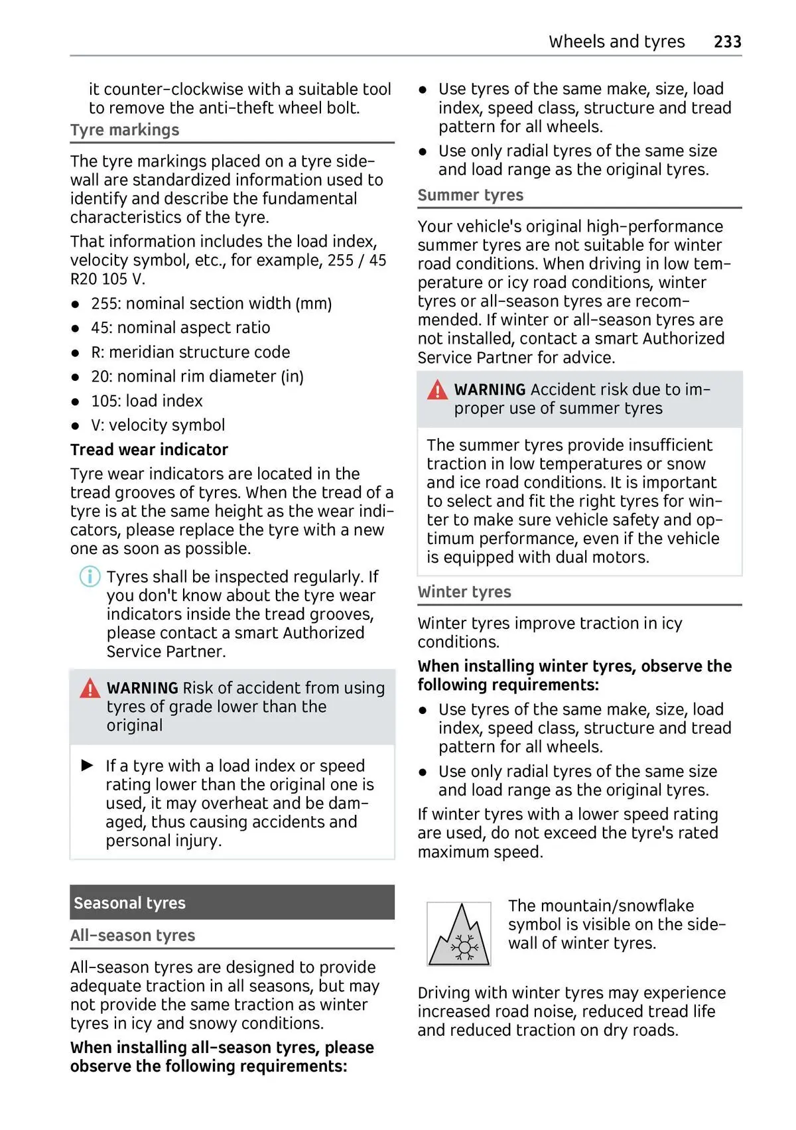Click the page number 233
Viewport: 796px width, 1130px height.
click(x=727, y=42)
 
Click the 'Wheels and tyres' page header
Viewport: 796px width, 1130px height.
click(x=616, y=42)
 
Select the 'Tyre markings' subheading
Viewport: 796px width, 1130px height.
click(x=125, y=130)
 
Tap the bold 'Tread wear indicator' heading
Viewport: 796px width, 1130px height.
click(x=149, y=450)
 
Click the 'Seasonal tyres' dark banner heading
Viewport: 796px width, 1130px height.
click(x=130, y=903)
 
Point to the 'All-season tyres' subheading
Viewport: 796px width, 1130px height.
click(x=133, y=936)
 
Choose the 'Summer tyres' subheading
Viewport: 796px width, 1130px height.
click(x=470, y=195)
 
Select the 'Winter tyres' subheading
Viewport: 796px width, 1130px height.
click(x=464, y=592)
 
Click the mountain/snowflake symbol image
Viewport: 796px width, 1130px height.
click(x=459, y=934)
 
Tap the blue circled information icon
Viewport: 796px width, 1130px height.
click(x=90, y=577)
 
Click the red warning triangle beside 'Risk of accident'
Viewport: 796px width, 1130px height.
click(x=90, y=689)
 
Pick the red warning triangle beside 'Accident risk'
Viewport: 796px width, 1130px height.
click(x=437, y=390)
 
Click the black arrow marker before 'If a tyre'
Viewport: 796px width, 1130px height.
click(x=88, y=766)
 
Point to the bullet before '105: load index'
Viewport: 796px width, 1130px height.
click(x=76, y=402)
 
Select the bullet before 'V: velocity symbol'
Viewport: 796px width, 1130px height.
click(x=76, y=426)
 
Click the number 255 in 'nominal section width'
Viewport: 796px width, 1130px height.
click(x=105, y=304)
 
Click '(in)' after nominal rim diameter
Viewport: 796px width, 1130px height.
click(x=292, y=377)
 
